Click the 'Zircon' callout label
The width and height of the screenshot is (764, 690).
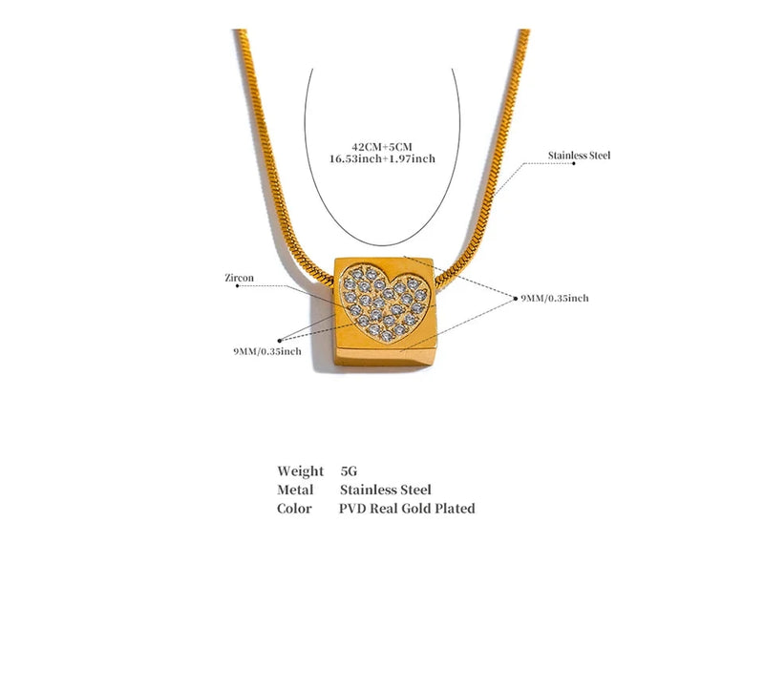240,278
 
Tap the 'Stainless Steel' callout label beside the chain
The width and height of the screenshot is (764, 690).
579,156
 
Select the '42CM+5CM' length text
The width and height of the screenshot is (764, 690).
382,147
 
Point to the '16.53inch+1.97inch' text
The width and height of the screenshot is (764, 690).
383,158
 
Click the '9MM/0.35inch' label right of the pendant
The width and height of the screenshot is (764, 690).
555,298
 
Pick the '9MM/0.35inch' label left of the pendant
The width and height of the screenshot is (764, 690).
267,351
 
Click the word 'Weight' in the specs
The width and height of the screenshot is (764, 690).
300,470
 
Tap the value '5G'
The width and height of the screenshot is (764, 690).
349,470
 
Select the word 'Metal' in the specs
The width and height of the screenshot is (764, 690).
295,490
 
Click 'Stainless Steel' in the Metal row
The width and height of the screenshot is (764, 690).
386,490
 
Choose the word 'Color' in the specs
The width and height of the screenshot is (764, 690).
294,508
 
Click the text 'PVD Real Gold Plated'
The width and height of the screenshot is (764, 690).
407,508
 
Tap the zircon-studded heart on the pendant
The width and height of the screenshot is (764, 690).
387,302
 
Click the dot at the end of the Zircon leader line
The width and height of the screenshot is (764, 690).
237,286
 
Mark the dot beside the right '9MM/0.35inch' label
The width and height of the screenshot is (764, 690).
516,299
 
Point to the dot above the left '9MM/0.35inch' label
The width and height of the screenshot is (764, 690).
279,341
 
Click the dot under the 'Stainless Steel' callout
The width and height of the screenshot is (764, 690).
574,163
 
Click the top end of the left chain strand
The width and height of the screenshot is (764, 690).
240,31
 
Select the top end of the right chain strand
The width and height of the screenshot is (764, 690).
523,31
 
